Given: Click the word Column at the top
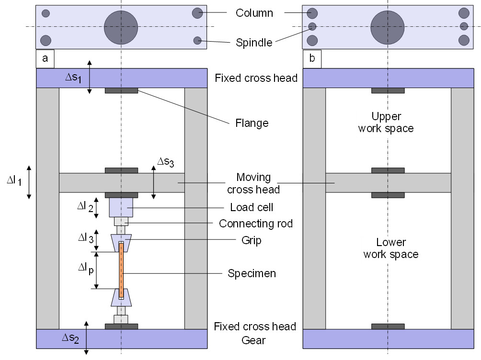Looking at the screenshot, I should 254,13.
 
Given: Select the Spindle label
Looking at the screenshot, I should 254,42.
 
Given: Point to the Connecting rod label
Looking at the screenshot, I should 255,224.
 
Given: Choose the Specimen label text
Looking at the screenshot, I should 252,274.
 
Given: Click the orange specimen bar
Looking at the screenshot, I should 121,270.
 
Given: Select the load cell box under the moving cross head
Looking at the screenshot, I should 121,207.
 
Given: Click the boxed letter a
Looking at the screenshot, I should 45,59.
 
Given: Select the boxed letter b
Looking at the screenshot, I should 312,59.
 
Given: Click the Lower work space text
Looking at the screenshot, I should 390,248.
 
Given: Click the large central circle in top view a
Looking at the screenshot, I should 121,26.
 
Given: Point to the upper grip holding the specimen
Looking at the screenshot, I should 121,242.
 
